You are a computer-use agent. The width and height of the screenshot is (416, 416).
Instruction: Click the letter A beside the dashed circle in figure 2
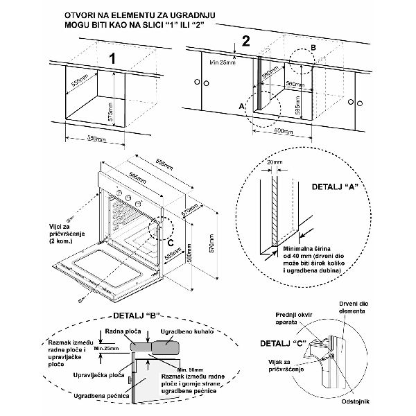tap(241, 107)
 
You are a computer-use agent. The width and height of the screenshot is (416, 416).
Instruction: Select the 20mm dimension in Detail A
tap(275, 162)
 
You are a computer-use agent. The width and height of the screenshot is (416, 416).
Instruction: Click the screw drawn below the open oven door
tap(83, 299)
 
